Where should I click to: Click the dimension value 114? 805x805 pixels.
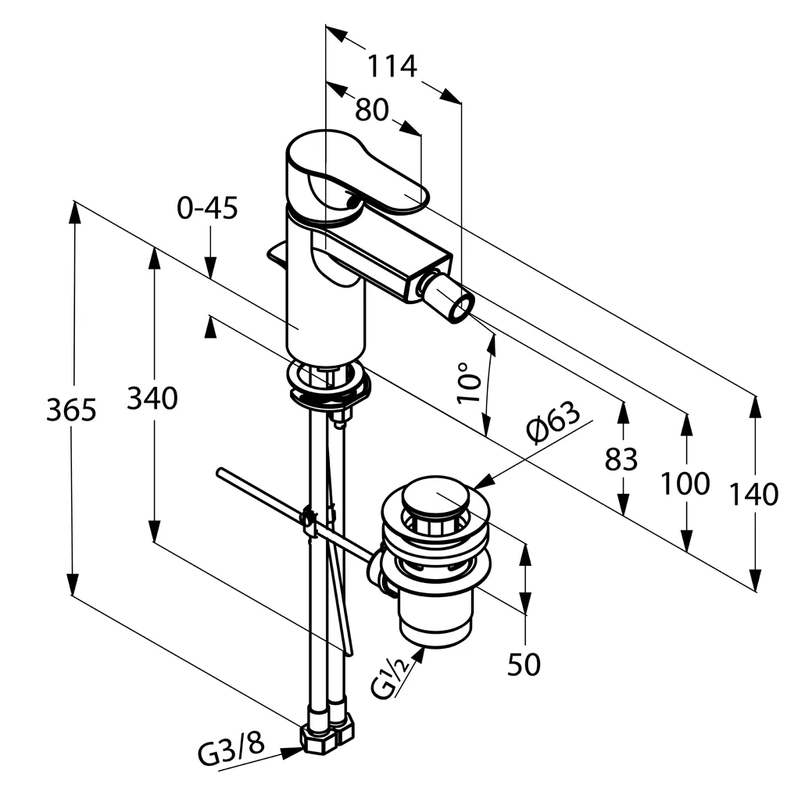[392, 66]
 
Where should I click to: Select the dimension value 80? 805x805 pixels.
[371, 110]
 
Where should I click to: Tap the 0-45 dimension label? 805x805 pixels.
[207, 209]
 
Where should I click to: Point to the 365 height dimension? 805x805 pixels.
[71, 410]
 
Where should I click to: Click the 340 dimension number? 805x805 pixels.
[153, 399]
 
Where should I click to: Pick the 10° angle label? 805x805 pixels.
[468, 382]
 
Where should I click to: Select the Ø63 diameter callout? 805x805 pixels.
[553, 422]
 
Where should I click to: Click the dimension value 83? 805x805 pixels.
[621, 460]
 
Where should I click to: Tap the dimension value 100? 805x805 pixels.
[685, 484]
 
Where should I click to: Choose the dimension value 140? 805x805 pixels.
[754, 494]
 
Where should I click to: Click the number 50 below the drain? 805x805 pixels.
[524, 665]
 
